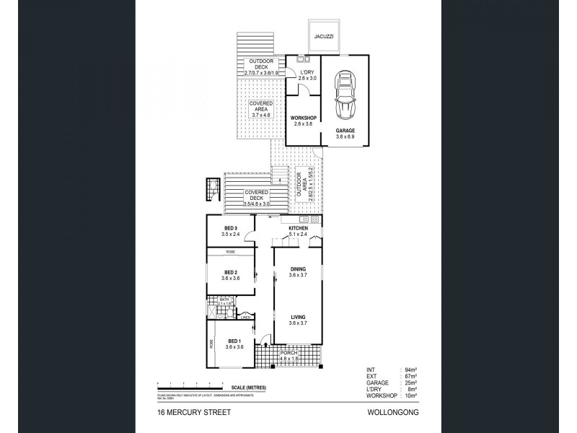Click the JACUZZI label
point(322,35)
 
